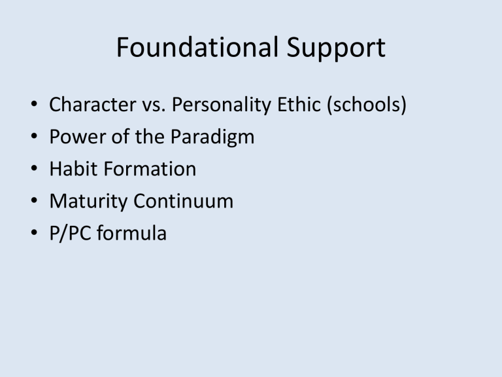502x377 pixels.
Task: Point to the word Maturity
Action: pos(90,202)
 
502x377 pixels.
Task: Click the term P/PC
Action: pos(71,233)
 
